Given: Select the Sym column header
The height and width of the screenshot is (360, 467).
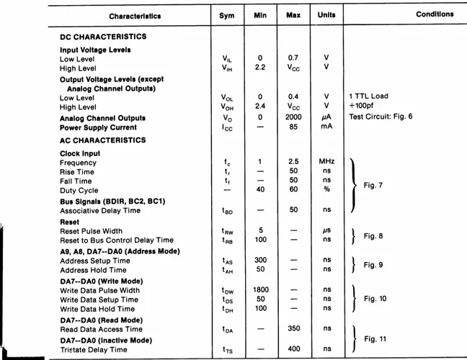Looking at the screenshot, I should [x=226, y=16].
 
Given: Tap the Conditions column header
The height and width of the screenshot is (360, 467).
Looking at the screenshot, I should [x=435, y=14].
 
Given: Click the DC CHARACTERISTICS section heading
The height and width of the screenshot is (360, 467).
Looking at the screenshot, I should [x=103, y=37].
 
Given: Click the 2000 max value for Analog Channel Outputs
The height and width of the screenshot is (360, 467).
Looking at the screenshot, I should [x=293, y=118].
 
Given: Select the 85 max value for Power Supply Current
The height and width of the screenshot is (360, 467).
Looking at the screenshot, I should [x=293, y=128].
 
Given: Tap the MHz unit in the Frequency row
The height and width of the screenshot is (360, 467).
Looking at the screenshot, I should [x=326, y=162].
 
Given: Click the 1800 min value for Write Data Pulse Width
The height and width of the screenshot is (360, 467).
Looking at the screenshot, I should [x=260, y=290].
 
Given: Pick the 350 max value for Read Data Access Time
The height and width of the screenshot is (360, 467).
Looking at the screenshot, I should [x=293, y=328].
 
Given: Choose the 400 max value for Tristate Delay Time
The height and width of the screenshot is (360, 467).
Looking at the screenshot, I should [x=293, y=350].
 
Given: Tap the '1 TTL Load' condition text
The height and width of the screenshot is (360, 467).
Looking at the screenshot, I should [x=368, y=96].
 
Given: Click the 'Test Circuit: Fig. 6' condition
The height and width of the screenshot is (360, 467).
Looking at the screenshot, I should [x=381, y=117].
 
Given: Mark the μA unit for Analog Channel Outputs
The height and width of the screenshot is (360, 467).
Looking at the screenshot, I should [x=326, y=118].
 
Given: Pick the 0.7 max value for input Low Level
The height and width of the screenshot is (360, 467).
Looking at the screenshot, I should [x=293, y=58].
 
